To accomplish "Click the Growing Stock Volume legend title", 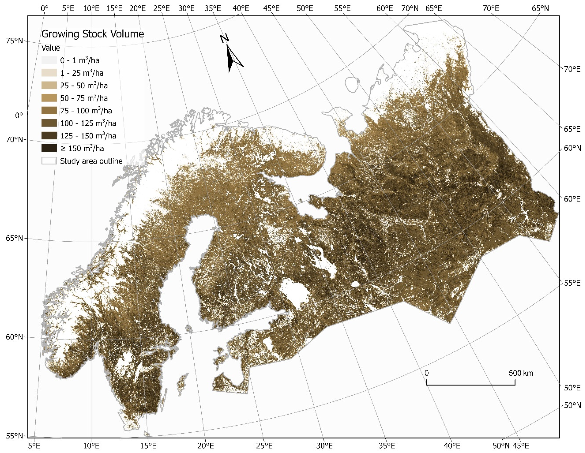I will click(x=92, y=34).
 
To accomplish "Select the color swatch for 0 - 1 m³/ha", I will click(x=49, y=60).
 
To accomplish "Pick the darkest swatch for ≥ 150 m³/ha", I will click(x=49, y=148).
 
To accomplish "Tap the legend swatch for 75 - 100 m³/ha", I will click(x=49, y=110).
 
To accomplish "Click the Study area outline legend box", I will click(x=49, y=161).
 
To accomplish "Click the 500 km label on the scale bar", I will click(x=521, y=373).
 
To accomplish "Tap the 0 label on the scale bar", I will click(x=426, y=373).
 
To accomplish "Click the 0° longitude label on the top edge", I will click(x=45, y=8).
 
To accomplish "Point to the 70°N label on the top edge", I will click(x=410, y=8).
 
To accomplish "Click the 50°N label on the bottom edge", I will click(x=501, y=446).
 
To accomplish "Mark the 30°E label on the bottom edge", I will click(x=324, y=446).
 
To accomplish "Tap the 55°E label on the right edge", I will click(x=572, y=283).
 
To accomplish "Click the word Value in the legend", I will click(x=51, y=48).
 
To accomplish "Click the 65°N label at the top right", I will click(x=540, y=8).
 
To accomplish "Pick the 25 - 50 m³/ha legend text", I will click(x=84, y=85).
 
